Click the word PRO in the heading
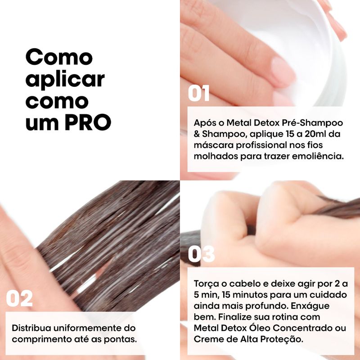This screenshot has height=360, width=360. click(x=88, y=122)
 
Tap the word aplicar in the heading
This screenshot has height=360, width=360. click(x=65, y=80)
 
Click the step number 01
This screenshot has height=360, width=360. click(x=198, y=93)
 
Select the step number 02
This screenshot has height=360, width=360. click(x=19, y=298)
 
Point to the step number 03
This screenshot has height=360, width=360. click(x=201, y=254)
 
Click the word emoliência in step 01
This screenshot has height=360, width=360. click(x=318, y=156)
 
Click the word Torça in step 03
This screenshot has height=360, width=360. click(x=206, y=284)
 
